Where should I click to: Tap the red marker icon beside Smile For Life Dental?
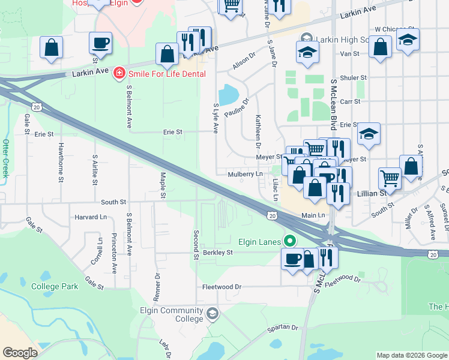click(x=119, y=73)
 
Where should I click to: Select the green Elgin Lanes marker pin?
click(x=290, y=242)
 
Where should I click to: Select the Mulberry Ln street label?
click(x=245, y=174)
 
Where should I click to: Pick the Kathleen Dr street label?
click(x=258, y=131)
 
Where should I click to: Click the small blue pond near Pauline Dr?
click(x=229, y=95)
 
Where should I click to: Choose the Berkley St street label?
click(x=217, y=253)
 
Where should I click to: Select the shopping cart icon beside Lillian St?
click(x=390, y=177)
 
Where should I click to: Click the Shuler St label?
click(x=353, y=78)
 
